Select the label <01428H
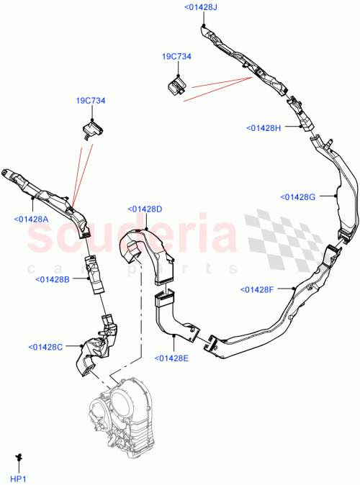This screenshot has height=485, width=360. click(x=263, y=127)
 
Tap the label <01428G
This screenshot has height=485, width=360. click(x=297, y=196)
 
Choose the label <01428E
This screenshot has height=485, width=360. click(x=171, y=358)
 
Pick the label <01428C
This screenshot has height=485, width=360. click(x=46, y=346)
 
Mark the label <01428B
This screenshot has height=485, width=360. click(x=51, y=279)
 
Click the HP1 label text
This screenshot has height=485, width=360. click(x=17, y=479)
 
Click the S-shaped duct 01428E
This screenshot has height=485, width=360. click(x=174, y=317)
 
